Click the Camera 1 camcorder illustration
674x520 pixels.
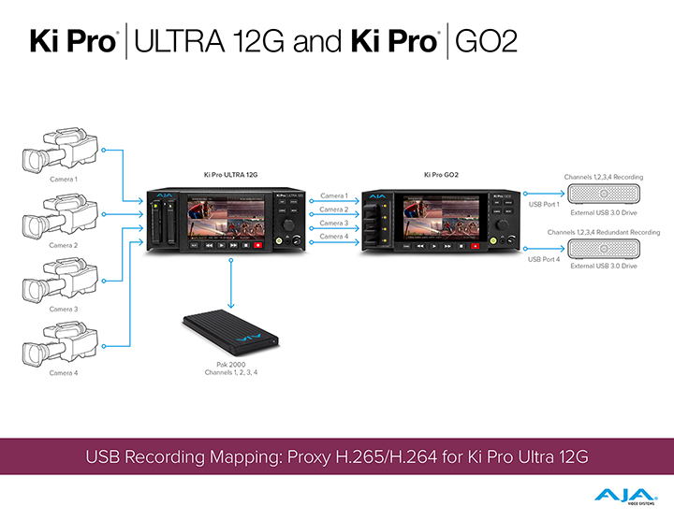57,149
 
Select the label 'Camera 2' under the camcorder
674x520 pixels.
64,245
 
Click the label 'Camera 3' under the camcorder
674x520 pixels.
64,309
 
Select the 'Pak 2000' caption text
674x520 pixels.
230,364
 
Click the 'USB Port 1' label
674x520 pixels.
544,204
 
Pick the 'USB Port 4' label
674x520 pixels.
544,258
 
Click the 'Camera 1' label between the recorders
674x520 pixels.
334,195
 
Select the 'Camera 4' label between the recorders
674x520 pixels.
334,237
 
